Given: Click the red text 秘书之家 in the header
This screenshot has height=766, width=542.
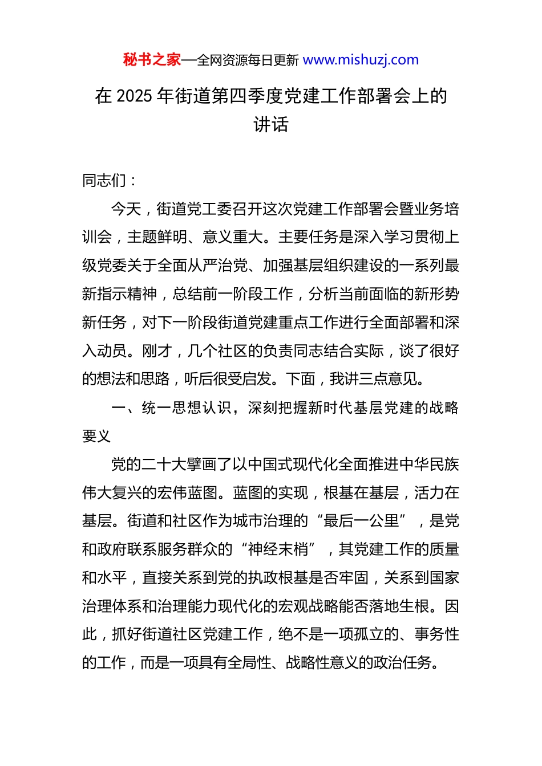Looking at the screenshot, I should (x=152, y=60).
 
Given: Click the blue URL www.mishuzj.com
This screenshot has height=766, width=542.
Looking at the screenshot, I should (x=361, y=60).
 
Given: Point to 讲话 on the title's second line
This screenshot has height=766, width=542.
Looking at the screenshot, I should (x=271, y=124).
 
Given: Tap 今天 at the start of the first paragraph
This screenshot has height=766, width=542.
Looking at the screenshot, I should (x=126, y=209).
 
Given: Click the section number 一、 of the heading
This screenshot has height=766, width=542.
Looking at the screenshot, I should (x=126, y=408).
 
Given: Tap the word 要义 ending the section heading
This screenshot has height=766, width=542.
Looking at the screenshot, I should (x=97, y=436).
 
